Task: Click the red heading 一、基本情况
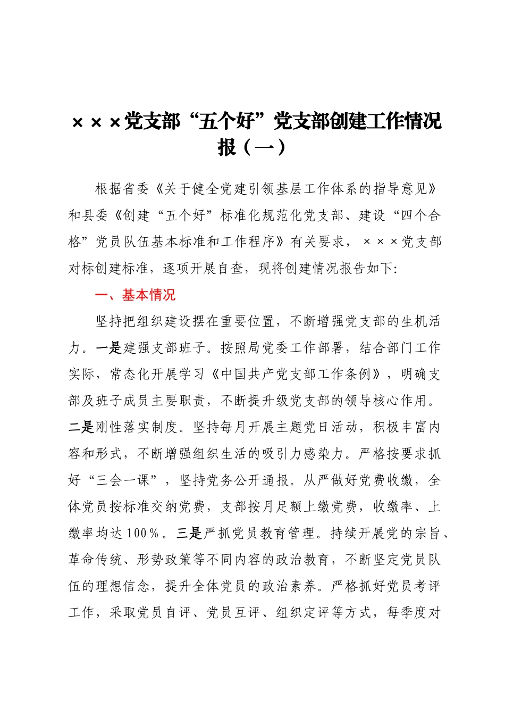tap(135, 295)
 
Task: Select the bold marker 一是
tap(109, 348)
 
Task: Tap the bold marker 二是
tap(81, 428)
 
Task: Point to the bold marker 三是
tap(190, 534)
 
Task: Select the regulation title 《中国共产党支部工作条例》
tap(295, 375)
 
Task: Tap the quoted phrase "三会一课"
tap(123, 480)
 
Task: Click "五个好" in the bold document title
tap(226, 122)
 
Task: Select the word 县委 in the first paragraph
tap(95, 215)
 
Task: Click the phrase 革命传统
tap(95, 560)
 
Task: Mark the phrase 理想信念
tap(123, 586)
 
